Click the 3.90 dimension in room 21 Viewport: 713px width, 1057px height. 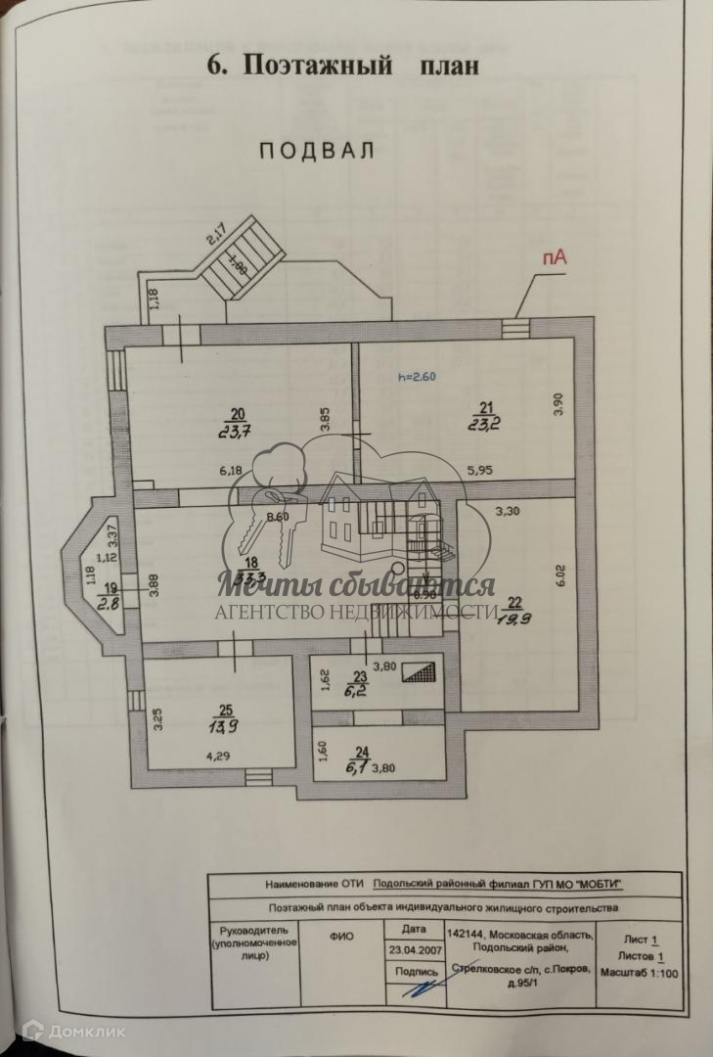pos(558,403)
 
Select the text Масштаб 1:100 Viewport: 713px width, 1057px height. pos(642,973)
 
